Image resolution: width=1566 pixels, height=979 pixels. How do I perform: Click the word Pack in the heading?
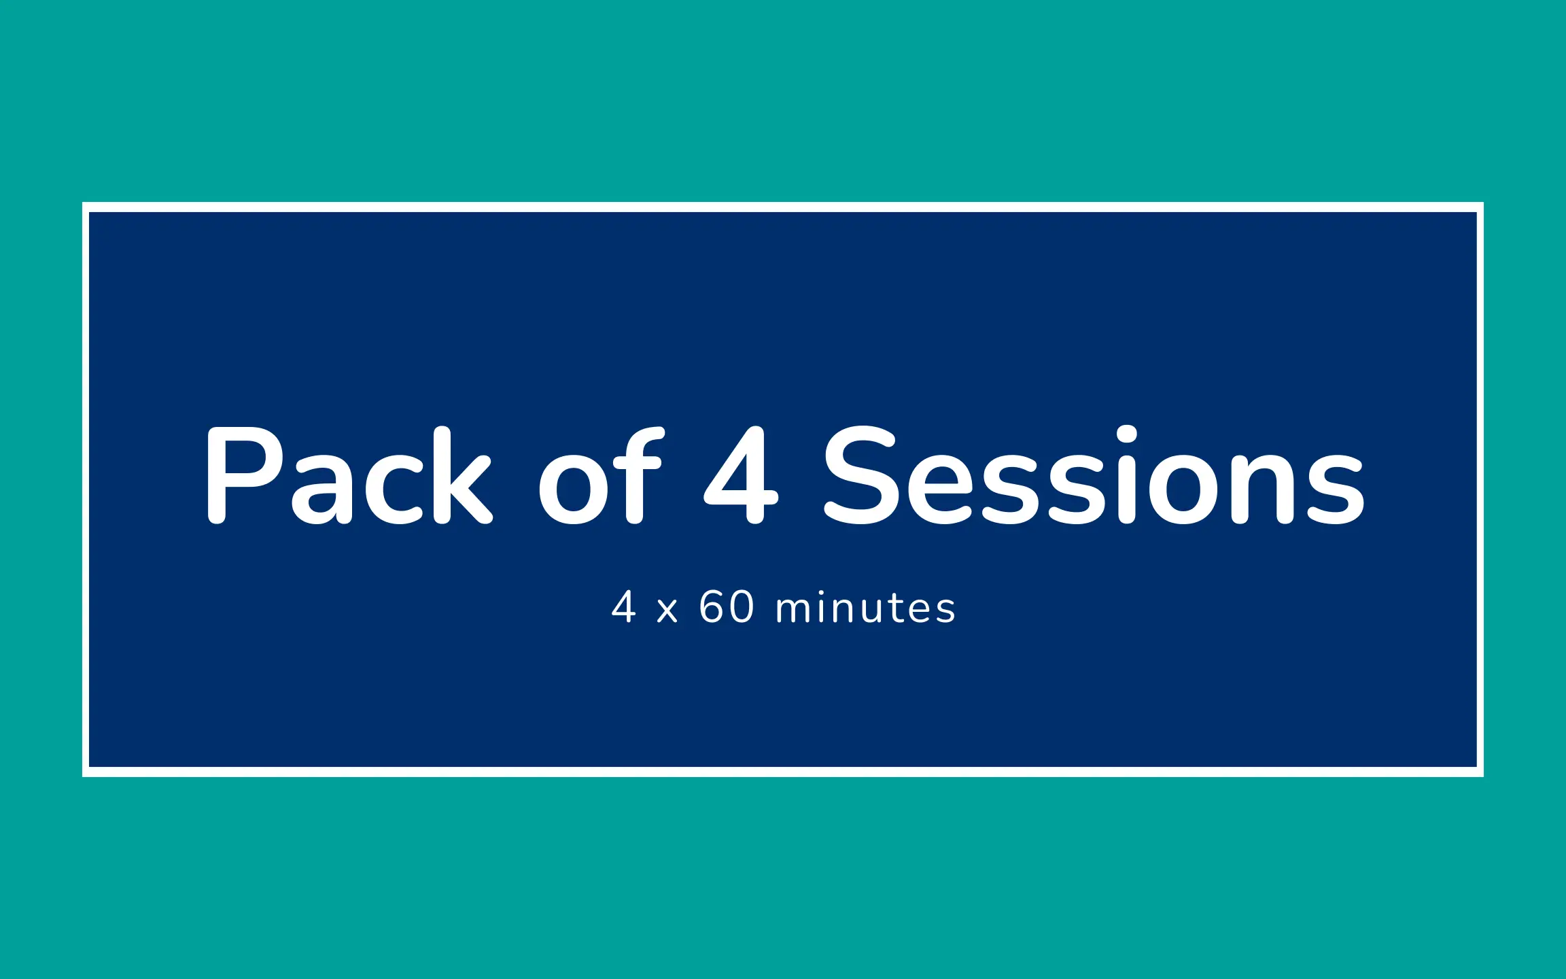(349, 475)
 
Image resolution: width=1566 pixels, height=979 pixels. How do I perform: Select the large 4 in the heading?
(741, 475)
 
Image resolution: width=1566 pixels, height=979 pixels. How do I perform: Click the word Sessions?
(1094, 475)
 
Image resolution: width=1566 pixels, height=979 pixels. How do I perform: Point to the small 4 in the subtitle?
(623, 606)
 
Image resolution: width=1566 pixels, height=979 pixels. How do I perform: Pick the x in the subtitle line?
(667, 611)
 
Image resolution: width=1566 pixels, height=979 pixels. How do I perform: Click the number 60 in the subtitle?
(727, 606)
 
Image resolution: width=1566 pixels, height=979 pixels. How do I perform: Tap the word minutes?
(866, 607)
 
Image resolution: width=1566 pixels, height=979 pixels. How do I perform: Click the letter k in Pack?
(462, 475)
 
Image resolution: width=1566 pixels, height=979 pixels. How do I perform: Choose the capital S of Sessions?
(862, 475)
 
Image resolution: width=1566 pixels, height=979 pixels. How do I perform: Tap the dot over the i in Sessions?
(1126, 435)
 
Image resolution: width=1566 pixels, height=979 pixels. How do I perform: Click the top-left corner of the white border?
(83, 203)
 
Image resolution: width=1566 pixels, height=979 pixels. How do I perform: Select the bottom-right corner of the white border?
(1483, 776)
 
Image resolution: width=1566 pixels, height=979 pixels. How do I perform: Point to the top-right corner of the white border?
(1483, 203)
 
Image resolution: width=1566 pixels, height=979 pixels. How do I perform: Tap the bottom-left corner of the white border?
(83, 776)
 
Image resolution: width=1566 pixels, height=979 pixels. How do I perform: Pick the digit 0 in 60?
(742, 606)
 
